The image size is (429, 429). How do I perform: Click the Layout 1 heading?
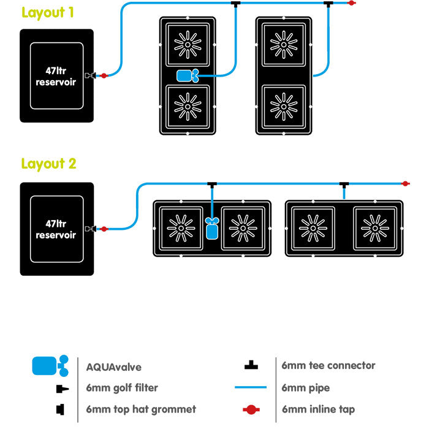pyautogui.click(x=48, y=12)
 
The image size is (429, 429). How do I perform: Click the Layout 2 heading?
pyautogui.click(x=48, y=164)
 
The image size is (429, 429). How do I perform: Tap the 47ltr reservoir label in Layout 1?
pyautogui.click(x=56, y=76)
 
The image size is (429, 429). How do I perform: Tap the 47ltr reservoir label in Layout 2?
pyautogui.click(x=56, y=229)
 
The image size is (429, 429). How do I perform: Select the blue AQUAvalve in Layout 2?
pyautogui.click(x=212, y=229)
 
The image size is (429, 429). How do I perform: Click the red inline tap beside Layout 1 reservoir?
pyautogui.click(x=104, y=76)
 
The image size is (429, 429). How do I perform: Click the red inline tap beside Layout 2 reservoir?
pyautogui.click(x=104, y=229)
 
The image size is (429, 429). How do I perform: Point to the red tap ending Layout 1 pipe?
pyautogui.click(x=351, y=4)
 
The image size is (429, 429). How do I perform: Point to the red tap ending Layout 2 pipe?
pyautogui.click(x=405, y=183)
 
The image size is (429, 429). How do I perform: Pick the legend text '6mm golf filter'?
pyautogui.click(x=122, y=388)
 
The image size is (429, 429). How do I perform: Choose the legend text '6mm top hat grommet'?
pyautogui.click(x=142, y=409)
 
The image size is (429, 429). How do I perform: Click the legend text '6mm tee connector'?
pyautogui.click(x=328, y=366)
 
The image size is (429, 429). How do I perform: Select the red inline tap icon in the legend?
pyautogui.click(x=250, y=409)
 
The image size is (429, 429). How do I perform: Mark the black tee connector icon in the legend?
pyautogui.click(x=250, y=366)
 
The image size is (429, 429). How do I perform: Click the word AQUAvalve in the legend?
pyautogui.click(x=114, y=367)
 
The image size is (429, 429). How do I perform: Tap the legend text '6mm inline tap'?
pyautogui.click(x=318, y=409)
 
